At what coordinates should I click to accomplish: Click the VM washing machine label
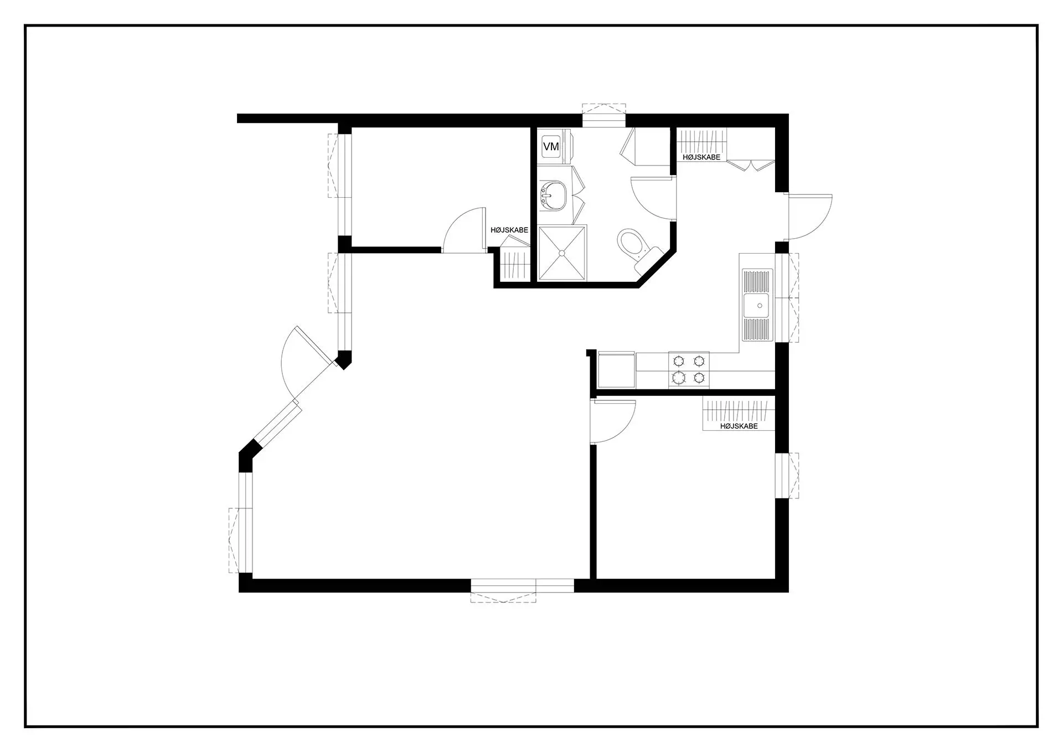[x=551, y=147]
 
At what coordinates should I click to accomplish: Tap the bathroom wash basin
[x=554, y=197]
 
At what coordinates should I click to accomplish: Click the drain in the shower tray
[x=562, y=253]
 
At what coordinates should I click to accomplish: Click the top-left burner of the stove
[x=678, y=361]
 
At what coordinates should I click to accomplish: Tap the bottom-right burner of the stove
[x=699, y=378]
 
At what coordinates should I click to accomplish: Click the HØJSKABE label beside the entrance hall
[x=701, y=157]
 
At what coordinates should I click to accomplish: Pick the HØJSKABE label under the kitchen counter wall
[x=739, y=426]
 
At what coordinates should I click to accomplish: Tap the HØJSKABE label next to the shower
[x=509, y=230]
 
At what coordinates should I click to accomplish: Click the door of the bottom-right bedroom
[x=612, y=421]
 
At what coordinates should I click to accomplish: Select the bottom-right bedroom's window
[x=782, y=476]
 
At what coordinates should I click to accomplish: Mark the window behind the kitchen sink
[x=782, y=297]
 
